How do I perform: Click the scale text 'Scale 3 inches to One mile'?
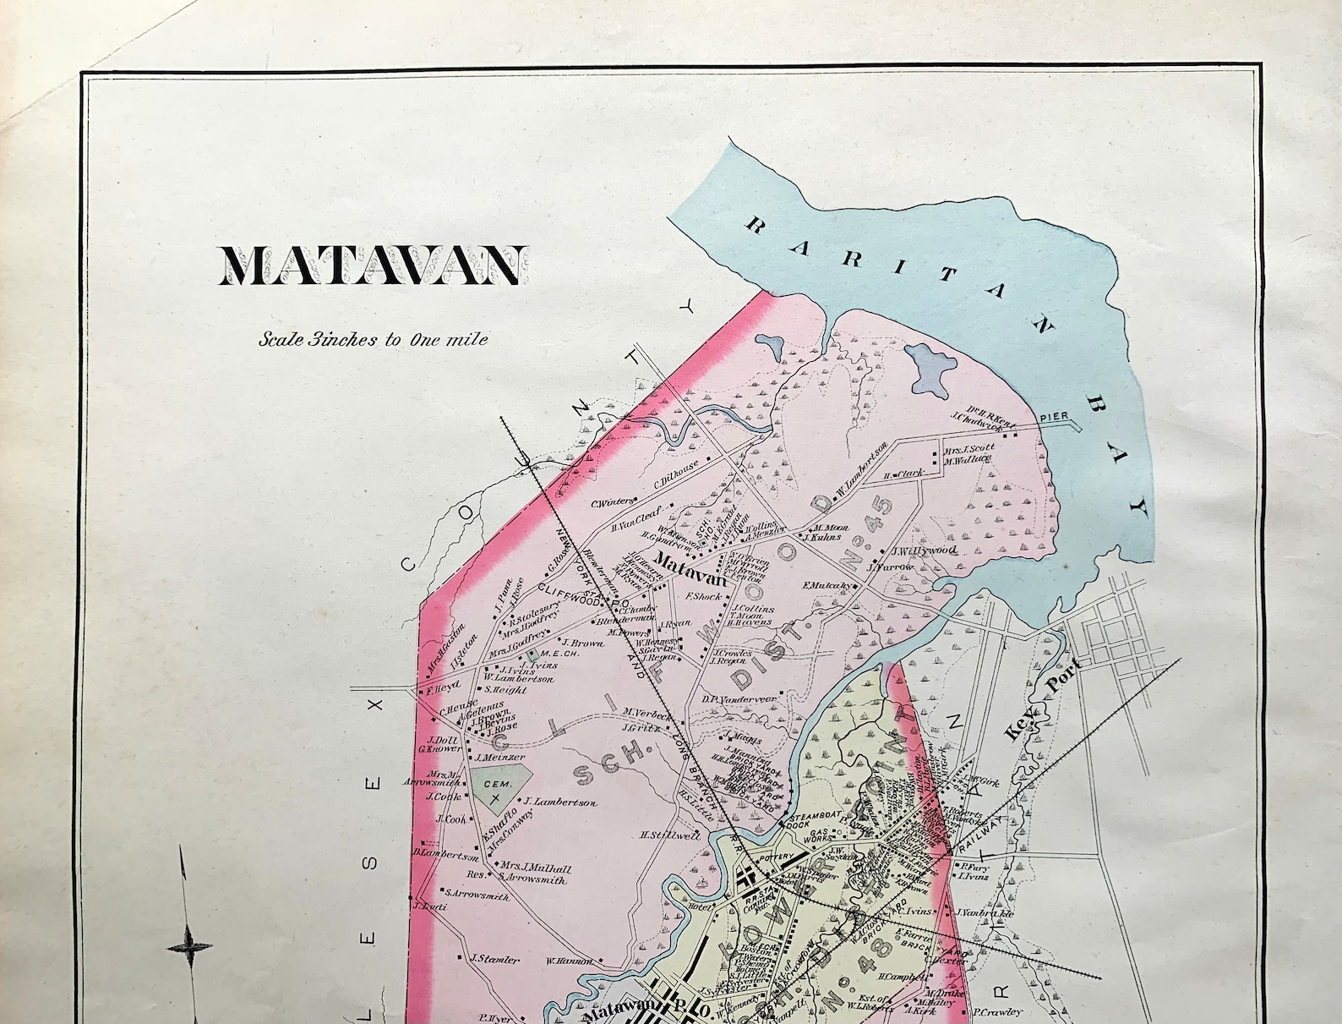(x=374, y=340)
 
